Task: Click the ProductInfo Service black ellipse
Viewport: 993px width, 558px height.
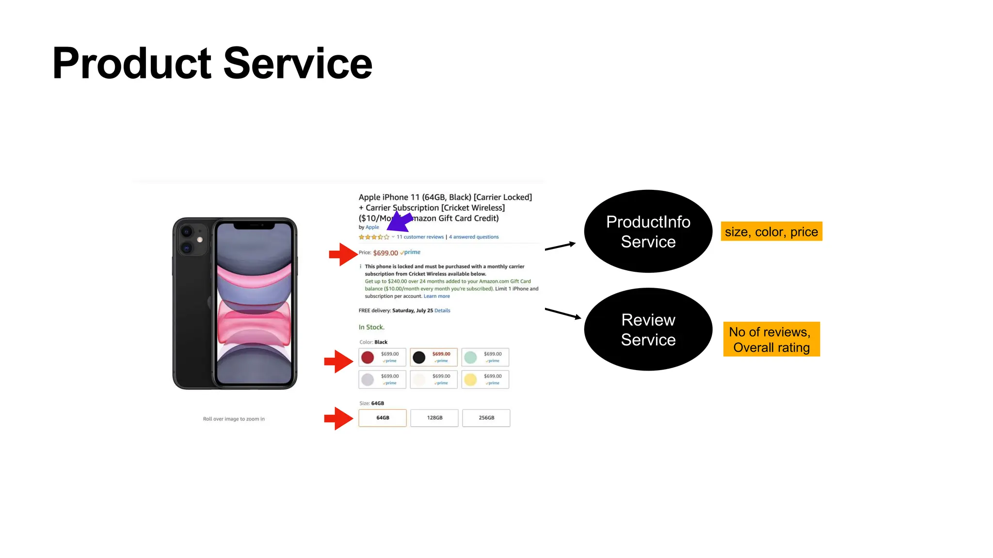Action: click(648, 231)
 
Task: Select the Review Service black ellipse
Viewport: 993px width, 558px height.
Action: click(648, 329)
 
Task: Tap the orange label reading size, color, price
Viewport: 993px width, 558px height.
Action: click(771, 232)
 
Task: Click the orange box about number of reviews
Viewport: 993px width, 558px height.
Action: click(771, 339)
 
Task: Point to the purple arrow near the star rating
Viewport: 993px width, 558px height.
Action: click(400, 223)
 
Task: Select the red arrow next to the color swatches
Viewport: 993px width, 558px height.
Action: click(338, 361)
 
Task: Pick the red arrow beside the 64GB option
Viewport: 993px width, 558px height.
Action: click(338, 418)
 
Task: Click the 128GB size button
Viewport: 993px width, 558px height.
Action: click(434, 418)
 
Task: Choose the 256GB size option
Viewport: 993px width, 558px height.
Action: click(486, 418)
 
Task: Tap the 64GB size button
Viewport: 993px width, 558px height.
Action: click(383, 418)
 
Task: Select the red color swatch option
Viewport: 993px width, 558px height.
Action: click(382, 357)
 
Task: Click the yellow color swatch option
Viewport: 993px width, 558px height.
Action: click(485, 379)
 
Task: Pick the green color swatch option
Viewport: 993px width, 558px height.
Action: click(485, 357)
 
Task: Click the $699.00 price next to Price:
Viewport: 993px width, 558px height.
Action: click(385, 253)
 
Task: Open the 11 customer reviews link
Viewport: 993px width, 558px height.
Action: click(420, 237)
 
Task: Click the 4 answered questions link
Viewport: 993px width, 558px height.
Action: click(474, 237)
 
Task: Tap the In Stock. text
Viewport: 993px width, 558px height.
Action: click(371, 327)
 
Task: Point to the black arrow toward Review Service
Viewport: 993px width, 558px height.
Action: click(562, 313)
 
